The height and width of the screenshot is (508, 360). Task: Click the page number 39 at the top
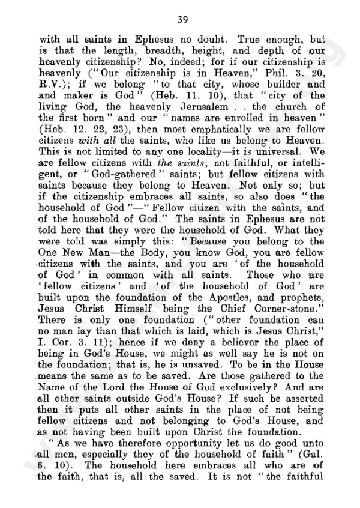point(180,16)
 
